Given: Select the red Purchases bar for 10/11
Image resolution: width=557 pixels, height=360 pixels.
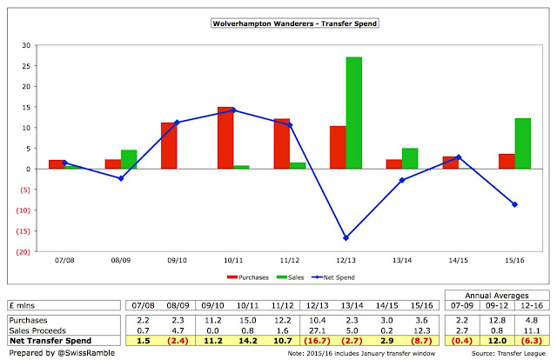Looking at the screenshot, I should click(x=225, y=137).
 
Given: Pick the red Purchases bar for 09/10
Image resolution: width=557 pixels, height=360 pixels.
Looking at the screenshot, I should click(x=168, y=145).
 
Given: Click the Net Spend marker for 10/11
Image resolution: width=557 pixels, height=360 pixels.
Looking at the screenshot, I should click(x=232, y=110).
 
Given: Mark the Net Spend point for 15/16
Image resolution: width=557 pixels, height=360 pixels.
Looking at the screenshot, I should click(x=513, y=204).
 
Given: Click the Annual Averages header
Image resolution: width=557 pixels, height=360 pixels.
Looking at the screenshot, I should click(x=496, y=295).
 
